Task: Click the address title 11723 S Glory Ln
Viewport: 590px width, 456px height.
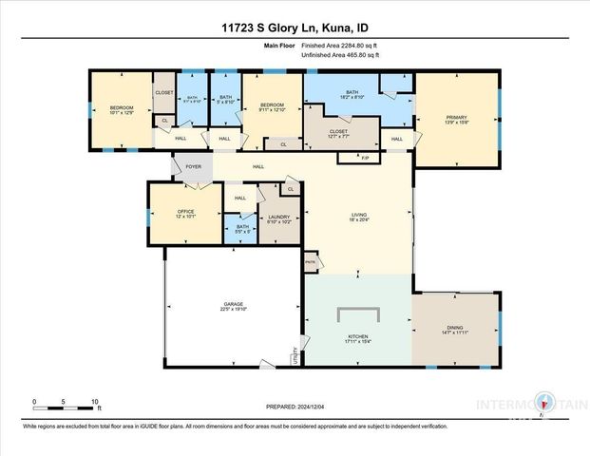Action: click(295, 28)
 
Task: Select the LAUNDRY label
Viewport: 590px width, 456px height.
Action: click(279, 218)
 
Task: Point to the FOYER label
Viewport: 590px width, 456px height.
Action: click(193, 167)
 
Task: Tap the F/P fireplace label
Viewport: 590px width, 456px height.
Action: click(365, 156)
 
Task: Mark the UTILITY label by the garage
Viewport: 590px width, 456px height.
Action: click(295, 356)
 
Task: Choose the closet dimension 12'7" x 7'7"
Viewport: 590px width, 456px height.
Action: click(339, 137)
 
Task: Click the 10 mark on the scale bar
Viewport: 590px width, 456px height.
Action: click(94, 401)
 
